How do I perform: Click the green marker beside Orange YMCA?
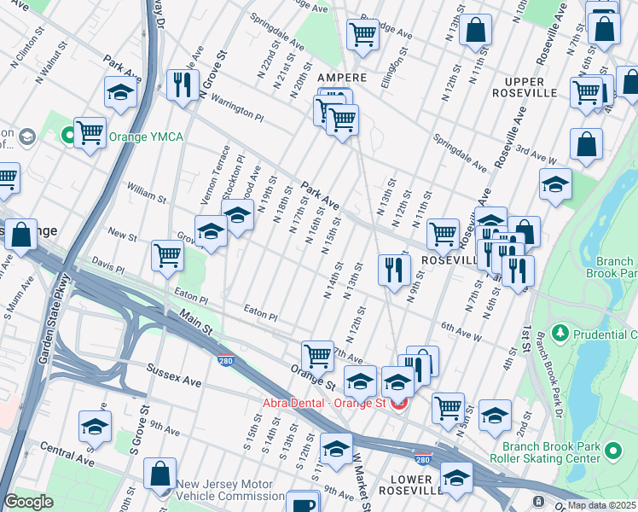click(x=67, y=135)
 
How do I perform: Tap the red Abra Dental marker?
click(x=398, y=402)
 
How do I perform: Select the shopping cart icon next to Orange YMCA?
click(x=90, y=133)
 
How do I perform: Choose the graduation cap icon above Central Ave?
click(x=96, y=426)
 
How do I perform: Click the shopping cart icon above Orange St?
click(x=318, y=354)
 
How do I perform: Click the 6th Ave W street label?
click(x=461, y=333)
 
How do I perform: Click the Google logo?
click(x=29, y=502)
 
